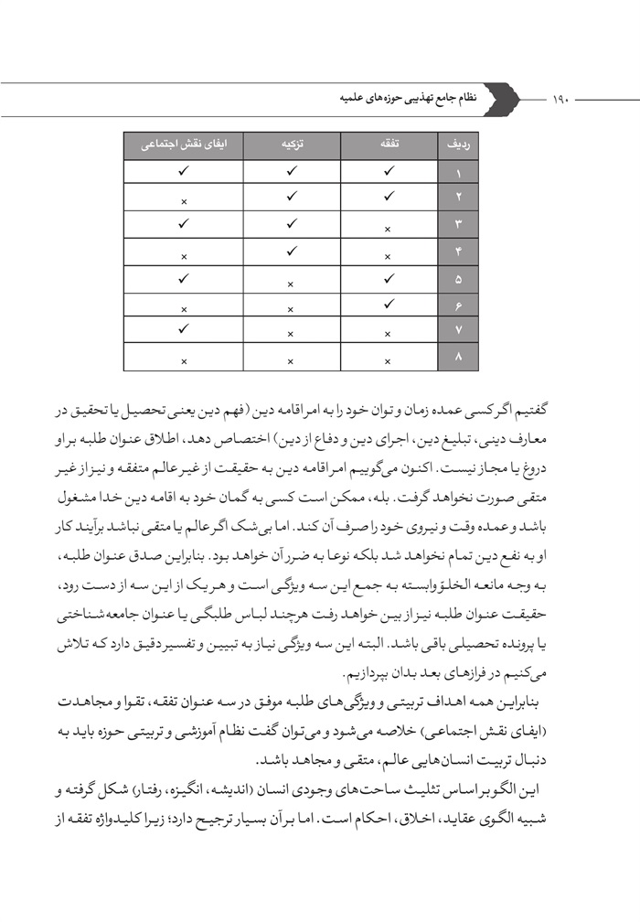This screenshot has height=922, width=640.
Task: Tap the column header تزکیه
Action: (x=291, y=145)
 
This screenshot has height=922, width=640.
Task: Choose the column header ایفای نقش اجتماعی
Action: (x=184, y=145)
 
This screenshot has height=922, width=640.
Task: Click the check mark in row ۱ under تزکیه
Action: (x=291, y=170)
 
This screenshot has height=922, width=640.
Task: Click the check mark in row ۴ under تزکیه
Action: (x=291, y=250)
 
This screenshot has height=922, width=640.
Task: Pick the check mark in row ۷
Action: (x=184, y=327)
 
